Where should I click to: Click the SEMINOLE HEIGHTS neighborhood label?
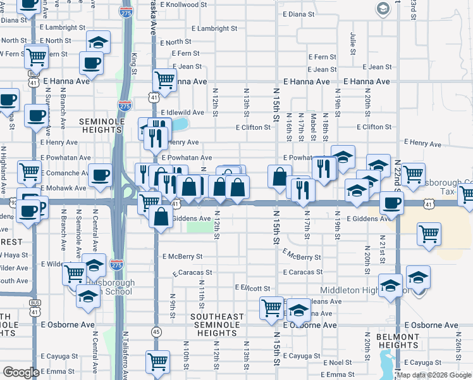[104, 125]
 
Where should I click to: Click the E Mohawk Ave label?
[63, 188]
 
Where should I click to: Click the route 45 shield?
[156, 331]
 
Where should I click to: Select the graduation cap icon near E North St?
[97, 42]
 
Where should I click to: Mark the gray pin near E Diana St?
[383, 9]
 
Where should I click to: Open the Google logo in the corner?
[21, 372]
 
